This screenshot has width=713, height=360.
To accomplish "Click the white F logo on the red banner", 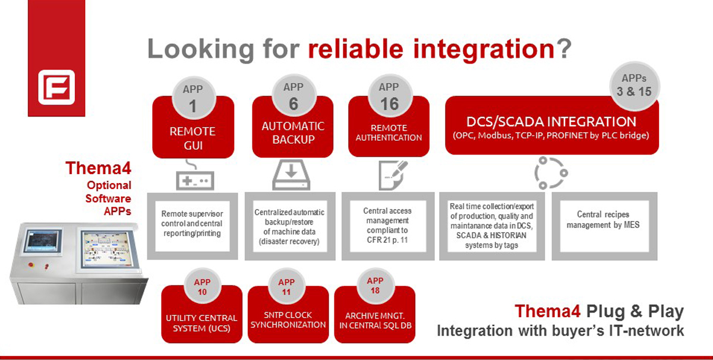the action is point(56,87).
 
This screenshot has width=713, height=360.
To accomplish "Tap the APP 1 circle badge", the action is point(194,99).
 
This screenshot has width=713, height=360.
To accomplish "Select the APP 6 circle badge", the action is point(294,96).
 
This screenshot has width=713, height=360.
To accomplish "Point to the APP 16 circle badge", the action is point(390,96).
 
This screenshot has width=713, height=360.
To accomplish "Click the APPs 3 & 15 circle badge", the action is point(635,86).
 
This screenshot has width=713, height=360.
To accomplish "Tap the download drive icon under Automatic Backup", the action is point(291,175).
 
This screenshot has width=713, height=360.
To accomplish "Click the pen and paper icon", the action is point(393,175).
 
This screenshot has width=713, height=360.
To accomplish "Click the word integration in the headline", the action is point(484,49).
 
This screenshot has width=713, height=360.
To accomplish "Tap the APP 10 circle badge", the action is point(203,286).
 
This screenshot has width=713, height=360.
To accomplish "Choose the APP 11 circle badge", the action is point(286,286).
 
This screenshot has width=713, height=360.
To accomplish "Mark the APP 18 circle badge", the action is point(375,286).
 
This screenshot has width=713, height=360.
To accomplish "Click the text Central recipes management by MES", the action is point(603,220).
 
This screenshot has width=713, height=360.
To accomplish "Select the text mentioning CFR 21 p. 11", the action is point(387,225).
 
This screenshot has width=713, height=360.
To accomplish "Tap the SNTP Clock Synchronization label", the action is point(288,320).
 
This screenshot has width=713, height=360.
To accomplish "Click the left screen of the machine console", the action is point(43,241).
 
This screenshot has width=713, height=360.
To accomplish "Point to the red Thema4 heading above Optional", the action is point(99,168).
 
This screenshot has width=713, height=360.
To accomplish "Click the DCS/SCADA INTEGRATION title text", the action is point(551,122).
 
